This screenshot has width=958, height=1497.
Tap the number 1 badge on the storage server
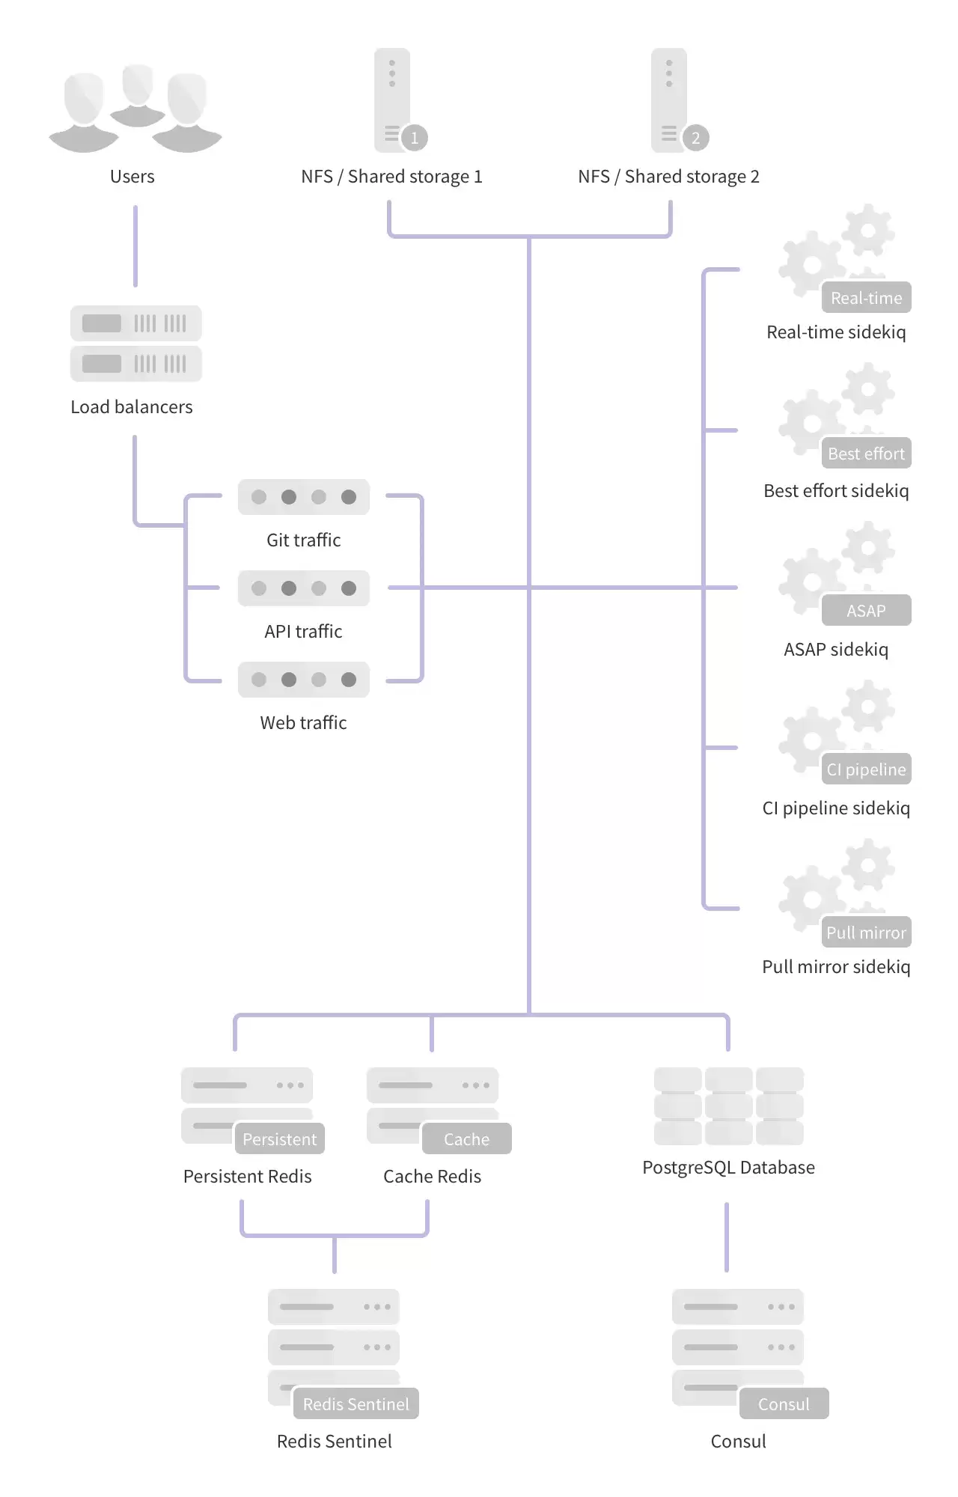(x=414, y=138)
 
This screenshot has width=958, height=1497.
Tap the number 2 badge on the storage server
(x=695, y=138)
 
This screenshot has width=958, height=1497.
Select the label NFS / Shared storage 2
(x=668, y=177)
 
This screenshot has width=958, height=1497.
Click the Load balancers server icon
(x=136, y=344)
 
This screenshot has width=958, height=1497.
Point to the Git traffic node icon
(x=304, y=497)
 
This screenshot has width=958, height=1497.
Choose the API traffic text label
(x=303, y=632)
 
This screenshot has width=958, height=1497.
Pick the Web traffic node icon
(x=304, y=680)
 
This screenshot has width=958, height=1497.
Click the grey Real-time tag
(x=866, y=297)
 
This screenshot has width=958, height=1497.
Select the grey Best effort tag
(x=866, y=453)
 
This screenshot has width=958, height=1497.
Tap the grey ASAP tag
(x=866, y=610)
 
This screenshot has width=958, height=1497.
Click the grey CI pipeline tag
(x=866, y=769)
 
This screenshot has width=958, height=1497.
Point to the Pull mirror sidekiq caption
(x=836, y=967)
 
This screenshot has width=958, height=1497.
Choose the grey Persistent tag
(x=279, y=1138)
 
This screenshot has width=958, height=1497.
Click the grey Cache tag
(x=466, y=1138)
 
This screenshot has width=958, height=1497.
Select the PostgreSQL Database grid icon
(x=729, y=1106)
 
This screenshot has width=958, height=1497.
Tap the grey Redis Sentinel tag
(x=356, y=1403)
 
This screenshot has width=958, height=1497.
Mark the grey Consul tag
(x=784, y=1403)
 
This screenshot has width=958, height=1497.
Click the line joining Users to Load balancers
(x=135, y=246)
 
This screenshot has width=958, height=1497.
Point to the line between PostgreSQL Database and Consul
(x=727, y=1237)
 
